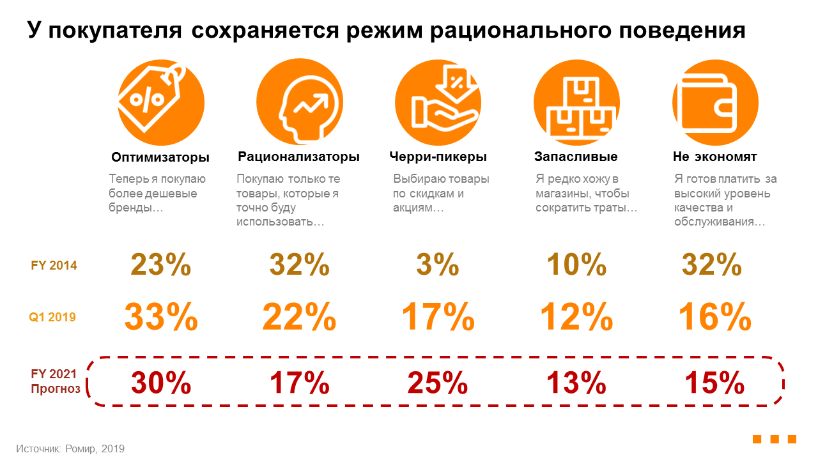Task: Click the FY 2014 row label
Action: pos(54,265)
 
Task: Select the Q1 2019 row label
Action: pos(52,317)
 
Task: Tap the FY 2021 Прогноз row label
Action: pos(56,381)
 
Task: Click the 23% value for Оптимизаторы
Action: pos(161,264)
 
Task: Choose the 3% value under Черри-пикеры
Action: pos(438,264)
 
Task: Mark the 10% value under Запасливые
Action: pos(576,264)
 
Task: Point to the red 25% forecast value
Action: pos(438,383)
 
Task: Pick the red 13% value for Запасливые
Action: pos(576,383)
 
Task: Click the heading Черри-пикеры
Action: pos(438,157)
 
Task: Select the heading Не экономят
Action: pos(714,157)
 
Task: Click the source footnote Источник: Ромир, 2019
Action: pos(70,448)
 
